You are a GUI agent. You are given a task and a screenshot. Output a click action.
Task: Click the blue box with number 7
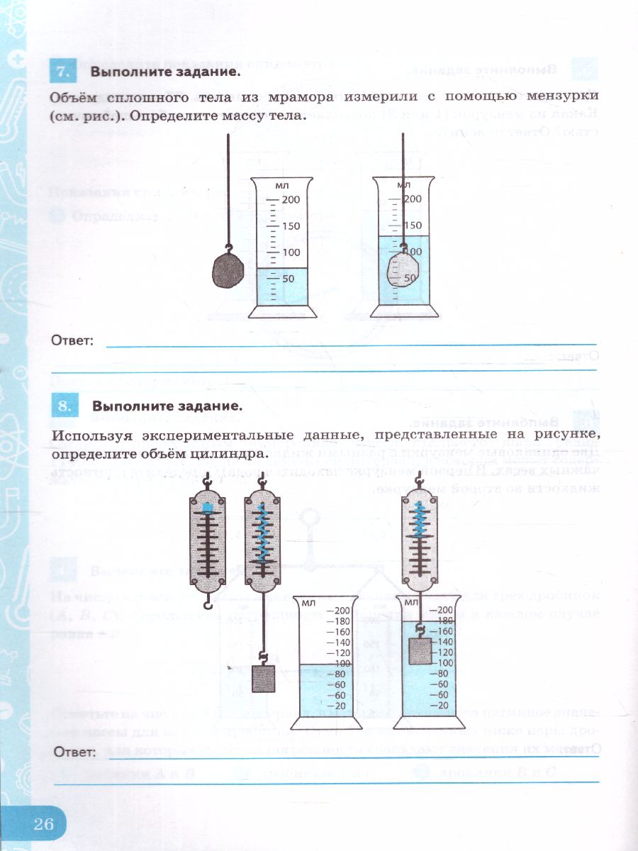[62, 72]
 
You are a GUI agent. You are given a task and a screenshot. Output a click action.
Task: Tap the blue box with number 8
[63, 406]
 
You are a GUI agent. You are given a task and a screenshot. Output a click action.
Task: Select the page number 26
[44, 823]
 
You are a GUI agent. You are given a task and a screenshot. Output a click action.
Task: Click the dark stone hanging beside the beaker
[229, 269]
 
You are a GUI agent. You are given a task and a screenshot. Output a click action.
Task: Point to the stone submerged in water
[403, 269]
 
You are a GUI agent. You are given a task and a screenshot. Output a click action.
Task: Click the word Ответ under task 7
[73, 341]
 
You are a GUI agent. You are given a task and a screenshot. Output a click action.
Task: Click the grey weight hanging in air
[263, 679]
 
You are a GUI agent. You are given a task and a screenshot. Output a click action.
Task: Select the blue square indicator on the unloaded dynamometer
[207, 508]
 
